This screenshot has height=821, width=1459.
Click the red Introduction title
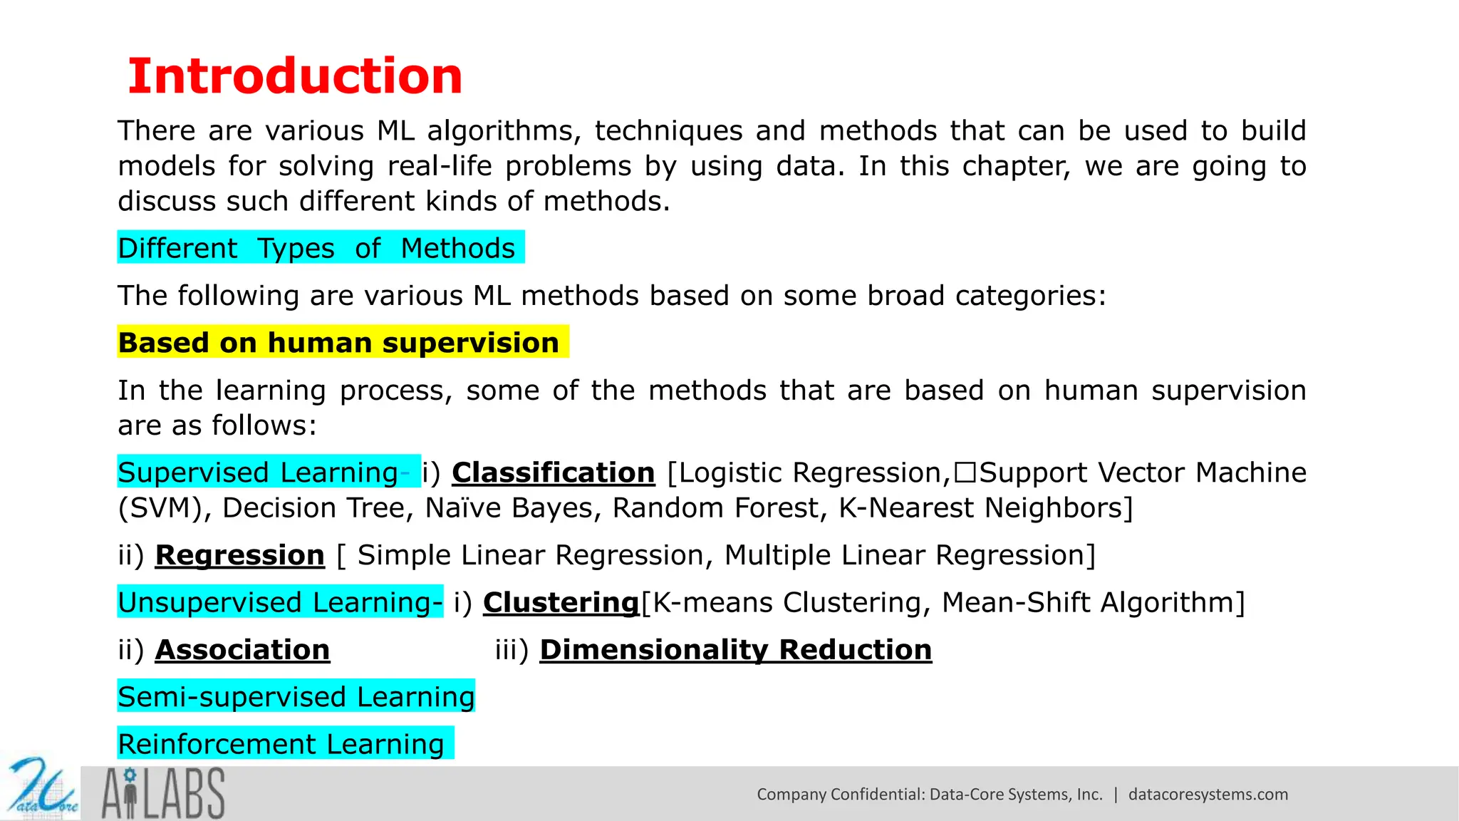(x=295, y=76)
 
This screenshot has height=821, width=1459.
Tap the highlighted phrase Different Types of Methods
(x=317, y=248)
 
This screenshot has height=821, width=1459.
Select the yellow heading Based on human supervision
(x=339, y=343)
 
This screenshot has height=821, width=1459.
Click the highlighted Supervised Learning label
(x=259, y=473)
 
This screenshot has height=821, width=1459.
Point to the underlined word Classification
(x=553, y=473)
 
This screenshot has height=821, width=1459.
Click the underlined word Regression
(x=239, y=555)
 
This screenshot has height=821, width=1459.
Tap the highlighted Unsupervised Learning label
(x=279, y=602)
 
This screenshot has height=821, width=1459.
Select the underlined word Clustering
(x=561, y=602)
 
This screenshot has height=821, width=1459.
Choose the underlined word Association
(x=242, y=650)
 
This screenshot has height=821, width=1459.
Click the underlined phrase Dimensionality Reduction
(x=735, y=650)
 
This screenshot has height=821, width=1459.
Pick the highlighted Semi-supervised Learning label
(x=296, y=697)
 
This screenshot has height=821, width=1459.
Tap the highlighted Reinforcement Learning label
(x=281, y=744)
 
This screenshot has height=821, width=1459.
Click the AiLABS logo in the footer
(x=163, y=793)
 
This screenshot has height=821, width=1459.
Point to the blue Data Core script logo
(x=41, y=790)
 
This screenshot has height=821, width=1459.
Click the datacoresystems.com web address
(x=1208, y=795)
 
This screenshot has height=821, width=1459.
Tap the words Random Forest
(x=719, y=508)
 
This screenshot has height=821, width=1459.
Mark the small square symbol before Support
(x=965, y=473)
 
